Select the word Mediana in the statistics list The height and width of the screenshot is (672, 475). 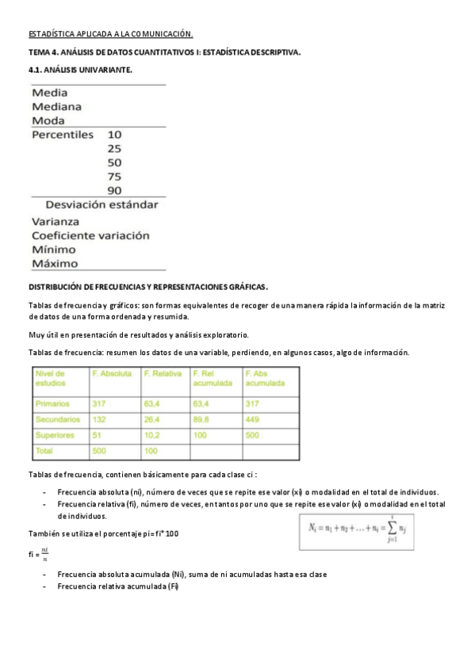coord(56,106)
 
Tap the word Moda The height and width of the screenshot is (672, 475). coord(48,120)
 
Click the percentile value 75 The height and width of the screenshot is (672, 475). coord(115,177)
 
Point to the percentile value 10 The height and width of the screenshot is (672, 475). coord(115,135)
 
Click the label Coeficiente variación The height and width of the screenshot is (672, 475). coord(90,235)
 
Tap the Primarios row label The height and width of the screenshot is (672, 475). coord(54,403)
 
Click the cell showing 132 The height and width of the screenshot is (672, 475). coord(100,419)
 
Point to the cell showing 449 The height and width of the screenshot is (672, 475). coord(253,419)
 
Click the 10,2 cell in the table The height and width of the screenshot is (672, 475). coord(152,435)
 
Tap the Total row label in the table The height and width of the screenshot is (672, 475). coord(44,450)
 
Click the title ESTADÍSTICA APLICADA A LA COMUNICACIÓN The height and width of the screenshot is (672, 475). coord(111,35)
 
